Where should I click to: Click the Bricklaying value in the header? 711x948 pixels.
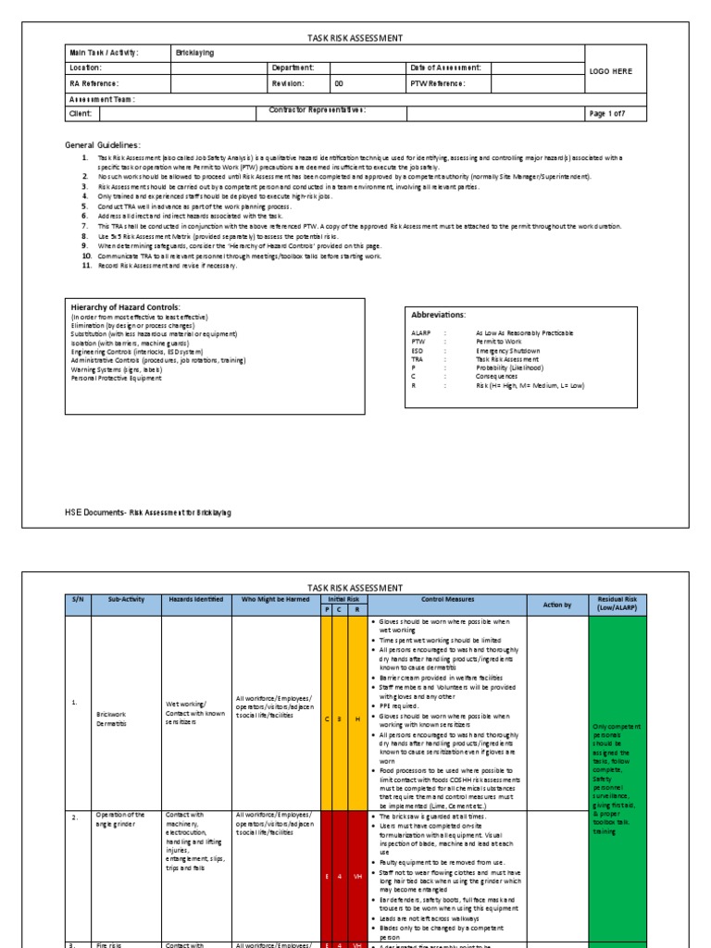(194, 53)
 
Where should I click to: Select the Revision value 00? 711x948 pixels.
(339, 83)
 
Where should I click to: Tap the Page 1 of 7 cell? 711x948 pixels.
(609, 114)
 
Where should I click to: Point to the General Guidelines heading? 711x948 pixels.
(102, 145)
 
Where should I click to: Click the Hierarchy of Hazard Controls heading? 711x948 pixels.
(126, 307)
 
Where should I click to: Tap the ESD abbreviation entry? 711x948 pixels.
(417, 350)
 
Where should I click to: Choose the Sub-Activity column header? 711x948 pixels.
(128, 600)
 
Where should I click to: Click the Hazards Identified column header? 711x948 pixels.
(195, 600)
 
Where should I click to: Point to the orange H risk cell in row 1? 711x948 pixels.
(356, 717)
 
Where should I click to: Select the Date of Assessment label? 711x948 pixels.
(444, 68)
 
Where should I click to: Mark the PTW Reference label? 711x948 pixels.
(437, 83)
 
